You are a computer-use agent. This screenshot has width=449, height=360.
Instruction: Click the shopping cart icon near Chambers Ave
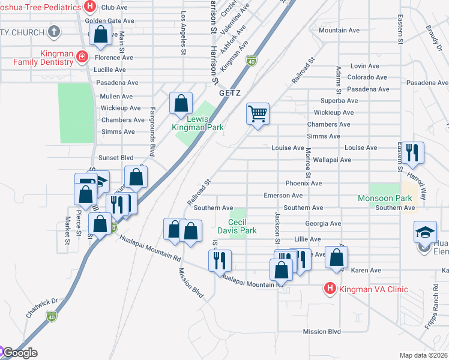[x=258, y=113]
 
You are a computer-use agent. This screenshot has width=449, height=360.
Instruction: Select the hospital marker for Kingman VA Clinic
[x=330, y=289]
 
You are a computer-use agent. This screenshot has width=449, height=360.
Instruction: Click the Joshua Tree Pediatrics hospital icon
[x=90, y=7]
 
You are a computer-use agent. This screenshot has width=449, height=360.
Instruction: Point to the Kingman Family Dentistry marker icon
[x=82, y=58]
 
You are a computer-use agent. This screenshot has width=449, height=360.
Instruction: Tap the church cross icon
[x=54, y=32]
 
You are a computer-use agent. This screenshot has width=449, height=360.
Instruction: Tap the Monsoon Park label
[x=385, y=198]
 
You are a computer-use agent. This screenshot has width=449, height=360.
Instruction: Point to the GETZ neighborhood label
[x=229, y=94]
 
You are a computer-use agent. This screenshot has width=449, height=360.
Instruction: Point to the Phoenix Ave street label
[x=304, y=183]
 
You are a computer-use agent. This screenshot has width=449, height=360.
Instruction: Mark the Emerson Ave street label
[x=283, y=196]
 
